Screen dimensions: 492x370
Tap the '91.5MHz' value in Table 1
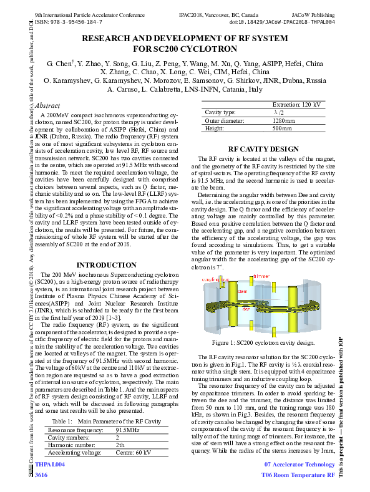128,430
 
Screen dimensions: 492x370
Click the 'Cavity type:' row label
219,112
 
